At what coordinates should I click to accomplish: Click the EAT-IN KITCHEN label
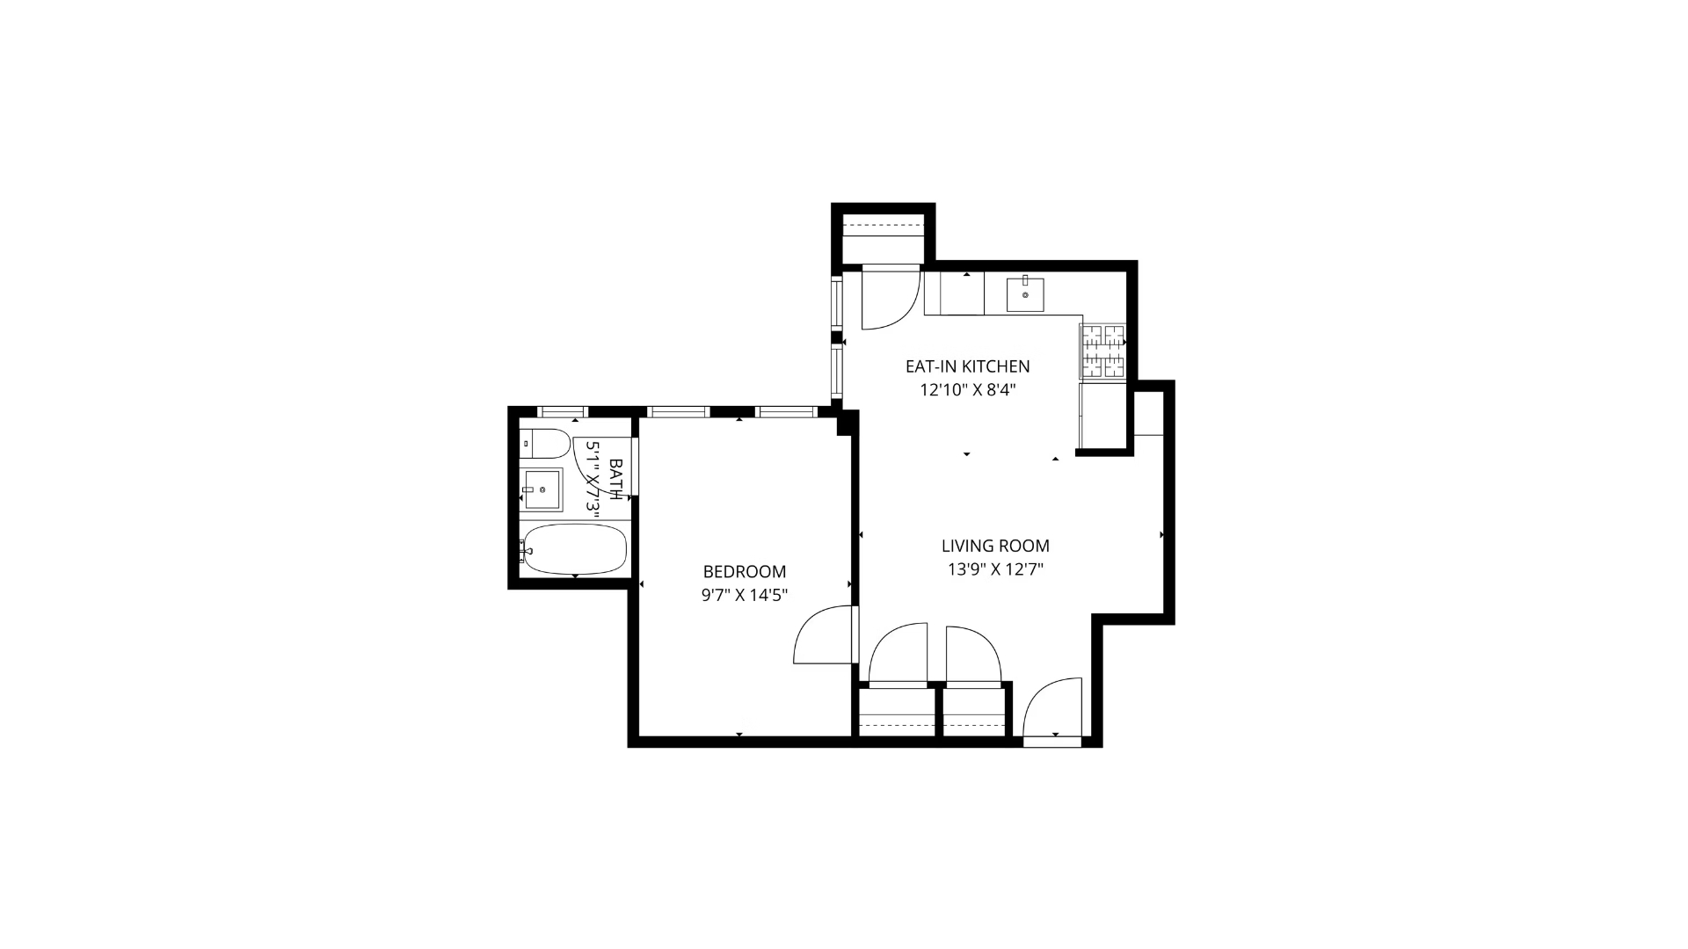967,366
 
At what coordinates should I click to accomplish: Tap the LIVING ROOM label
995,546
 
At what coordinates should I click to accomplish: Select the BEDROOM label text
744,572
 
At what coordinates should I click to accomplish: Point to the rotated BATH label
615,479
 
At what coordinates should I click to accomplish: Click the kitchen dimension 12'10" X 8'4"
967,390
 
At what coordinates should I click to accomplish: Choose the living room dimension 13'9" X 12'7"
995,569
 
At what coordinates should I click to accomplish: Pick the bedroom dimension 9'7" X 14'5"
744,596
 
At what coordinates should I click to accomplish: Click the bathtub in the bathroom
574,549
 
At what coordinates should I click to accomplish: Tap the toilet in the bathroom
545,444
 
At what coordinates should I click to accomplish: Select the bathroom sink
542,489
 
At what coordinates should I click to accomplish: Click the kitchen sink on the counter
1025,294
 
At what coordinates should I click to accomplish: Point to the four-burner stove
1102,351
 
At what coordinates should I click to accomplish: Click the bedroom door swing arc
822,636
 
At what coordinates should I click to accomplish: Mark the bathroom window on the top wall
563,411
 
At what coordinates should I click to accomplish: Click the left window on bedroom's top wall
678,411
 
